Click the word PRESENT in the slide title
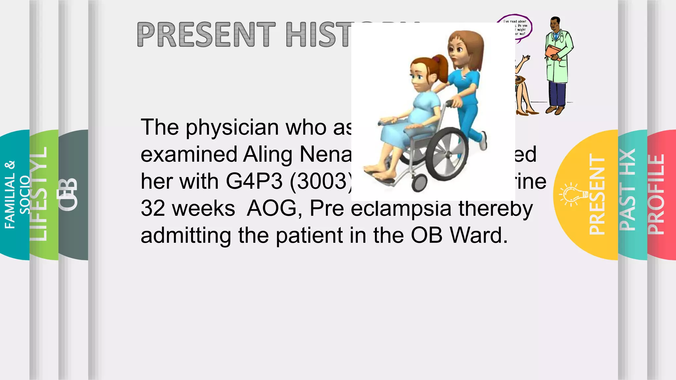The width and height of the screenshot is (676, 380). pyautogui.click(x=206, y=34)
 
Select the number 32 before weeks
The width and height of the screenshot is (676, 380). pyautogui.click(x=153, y=208)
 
